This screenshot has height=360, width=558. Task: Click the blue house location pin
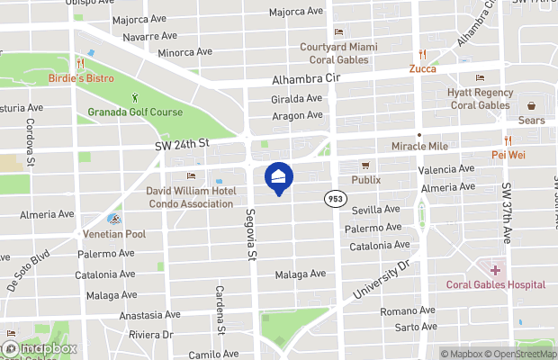[x=278, y=177]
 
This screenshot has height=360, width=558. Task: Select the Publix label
[x=365, y=179]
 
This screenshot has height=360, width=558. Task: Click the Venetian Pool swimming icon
[x=113, y=219]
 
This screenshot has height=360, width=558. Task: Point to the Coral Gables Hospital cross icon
[x=495, y=270]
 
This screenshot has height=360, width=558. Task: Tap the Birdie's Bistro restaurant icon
[x=81, y=64]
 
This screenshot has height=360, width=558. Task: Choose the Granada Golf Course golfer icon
[x=135, y=97]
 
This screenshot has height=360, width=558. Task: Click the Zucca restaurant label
[x=422, y=68]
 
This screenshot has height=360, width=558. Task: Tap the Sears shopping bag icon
[x=531, y=105]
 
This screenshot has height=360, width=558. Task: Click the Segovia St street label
[x=251, y=234]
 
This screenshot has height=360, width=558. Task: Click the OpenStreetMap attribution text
[x=523, y=354]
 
